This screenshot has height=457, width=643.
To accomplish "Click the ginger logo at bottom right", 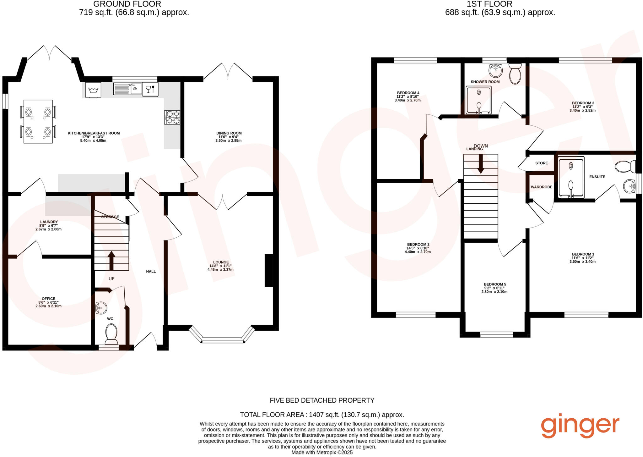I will point(580,427).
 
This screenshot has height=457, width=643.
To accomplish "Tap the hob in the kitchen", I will point(172,117).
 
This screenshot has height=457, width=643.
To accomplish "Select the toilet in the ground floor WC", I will point(111,334).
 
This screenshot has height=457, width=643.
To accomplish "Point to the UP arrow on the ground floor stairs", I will point(111,260).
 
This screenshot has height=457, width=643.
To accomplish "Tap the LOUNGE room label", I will point(221,262).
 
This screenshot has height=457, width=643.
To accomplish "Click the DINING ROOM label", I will point(229,133).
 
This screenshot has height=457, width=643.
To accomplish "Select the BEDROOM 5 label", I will point(495,284).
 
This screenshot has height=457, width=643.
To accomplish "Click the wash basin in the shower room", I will point(496,70).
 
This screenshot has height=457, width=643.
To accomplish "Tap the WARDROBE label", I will point(541,187).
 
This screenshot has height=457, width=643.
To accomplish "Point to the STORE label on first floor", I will point(541,163).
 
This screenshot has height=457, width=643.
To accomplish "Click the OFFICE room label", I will point(48,299).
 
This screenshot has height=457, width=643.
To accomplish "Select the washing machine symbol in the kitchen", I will point(93,90).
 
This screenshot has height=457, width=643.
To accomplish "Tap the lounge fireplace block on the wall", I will point(269,270).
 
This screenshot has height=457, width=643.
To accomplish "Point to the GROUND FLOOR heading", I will point(127,4).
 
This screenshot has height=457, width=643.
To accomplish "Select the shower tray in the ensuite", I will point(571,178).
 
